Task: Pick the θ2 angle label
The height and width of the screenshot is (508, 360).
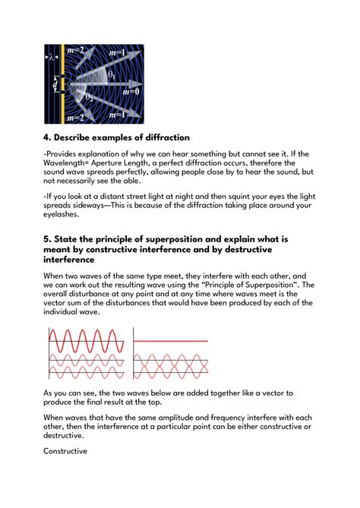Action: coord(90,98)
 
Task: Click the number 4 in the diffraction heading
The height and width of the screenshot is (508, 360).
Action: coord(48,137)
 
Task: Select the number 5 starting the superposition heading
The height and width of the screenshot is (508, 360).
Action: coord(48,238)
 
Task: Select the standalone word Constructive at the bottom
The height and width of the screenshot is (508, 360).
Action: coord(65,451)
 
